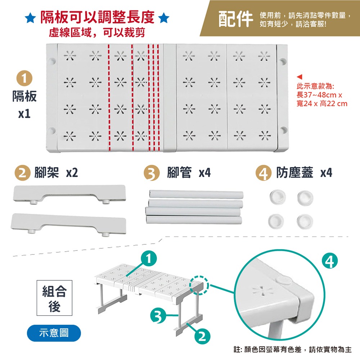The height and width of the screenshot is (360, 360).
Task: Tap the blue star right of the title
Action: [x=164, y=17]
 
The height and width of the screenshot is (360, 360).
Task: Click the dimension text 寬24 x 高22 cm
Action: [x=322, y=104]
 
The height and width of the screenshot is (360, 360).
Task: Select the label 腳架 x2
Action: [x=56, y=173]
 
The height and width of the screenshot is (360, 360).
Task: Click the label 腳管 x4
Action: [x=188, y=173]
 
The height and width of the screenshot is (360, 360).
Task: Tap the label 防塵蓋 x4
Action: [x=304, y=173]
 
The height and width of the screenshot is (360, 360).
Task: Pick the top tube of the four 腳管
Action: [x=196, y=194]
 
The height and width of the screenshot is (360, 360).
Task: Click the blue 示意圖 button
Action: [x=54, y=333]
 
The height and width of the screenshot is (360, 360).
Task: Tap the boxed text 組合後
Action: [x=54, y=298]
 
